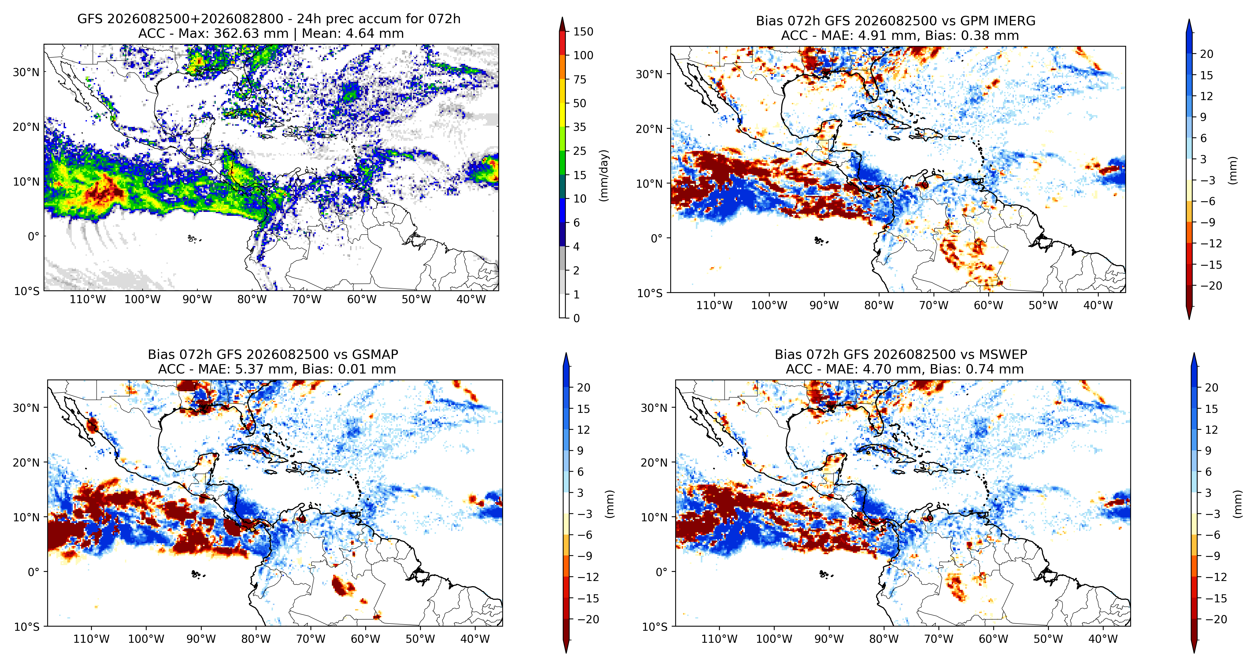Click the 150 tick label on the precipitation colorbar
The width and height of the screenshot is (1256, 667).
583,32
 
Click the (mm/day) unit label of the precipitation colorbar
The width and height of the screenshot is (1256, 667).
605,175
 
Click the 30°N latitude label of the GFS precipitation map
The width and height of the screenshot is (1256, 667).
26,72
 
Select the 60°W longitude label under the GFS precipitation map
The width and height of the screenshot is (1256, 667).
362,299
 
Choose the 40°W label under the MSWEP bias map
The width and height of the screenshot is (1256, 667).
1103,639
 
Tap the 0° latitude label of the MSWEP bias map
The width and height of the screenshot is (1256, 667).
661,572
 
